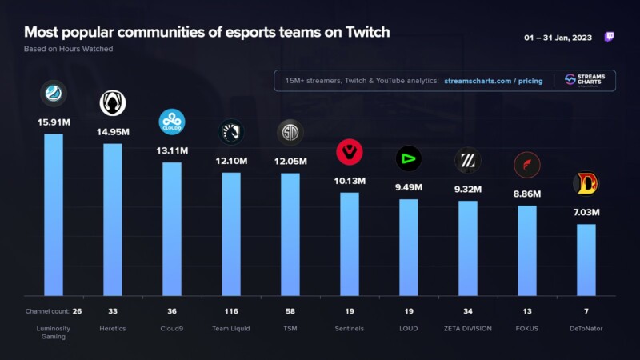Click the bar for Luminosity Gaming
(54, 214)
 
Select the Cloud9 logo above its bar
(172, 122)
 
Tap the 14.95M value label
(113, 132)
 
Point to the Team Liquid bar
(231, 234)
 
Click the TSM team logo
(290, 132)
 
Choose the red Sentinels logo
(350, 152)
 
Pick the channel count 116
(231, 311)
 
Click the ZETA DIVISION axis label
(468, 329)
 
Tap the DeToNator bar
(586, 260)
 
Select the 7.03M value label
(586, 212)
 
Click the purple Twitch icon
(609, 37)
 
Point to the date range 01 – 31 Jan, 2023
(558, 38)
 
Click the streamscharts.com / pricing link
(494, 81)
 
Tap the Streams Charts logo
(585, 80)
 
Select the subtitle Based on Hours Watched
(69, 49)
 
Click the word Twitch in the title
(368, 32)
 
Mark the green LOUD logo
(409, 158)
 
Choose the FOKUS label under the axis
(527, 329)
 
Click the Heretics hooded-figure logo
(113, 103)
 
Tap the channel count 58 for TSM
(290, 311)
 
